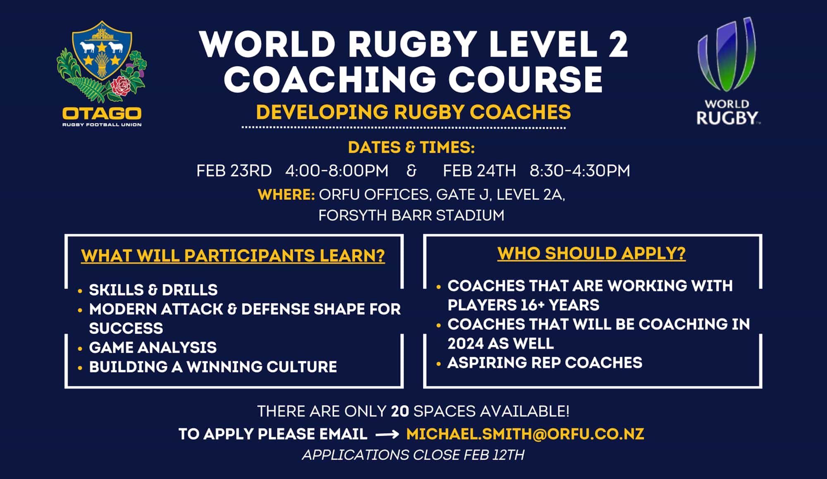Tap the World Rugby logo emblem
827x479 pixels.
(x=727, y=54)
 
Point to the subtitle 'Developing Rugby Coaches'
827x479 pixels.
(x=413, y=112)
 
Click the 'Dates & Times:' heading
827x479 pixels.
(x=411, y=147)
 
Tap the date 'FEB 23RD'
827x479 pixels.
(x=234, y=171)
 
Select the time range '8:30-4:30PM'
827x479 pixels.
(x=580, y=171)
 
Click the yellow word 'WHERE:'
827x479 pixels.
(x=286, y=194)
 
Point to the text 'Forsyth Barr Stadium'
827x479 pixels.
(x=411, y=215)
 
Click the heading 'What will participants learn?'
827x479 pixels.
(x=233, y=256)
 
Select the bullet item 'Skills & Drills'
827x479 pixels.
(x=153, y=290)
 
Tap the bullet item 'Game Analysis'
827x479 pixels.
(x=153, y=347)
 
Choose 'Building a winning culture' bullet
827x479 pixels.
(x=213, y=367)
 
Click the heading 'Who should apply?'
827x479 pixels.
(x=591, y=253)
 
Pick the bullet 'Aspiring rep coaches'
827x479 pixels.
(x=545, y=363)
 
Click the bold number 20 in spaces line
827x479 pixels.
(x=400, y=411)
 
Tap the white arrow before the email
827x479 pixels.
(x=387, y=434)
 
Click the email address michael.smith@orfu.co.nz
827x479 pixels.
(x=525, y=434)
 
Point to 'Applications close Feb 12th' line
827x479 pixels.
(x=413, y=455)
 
